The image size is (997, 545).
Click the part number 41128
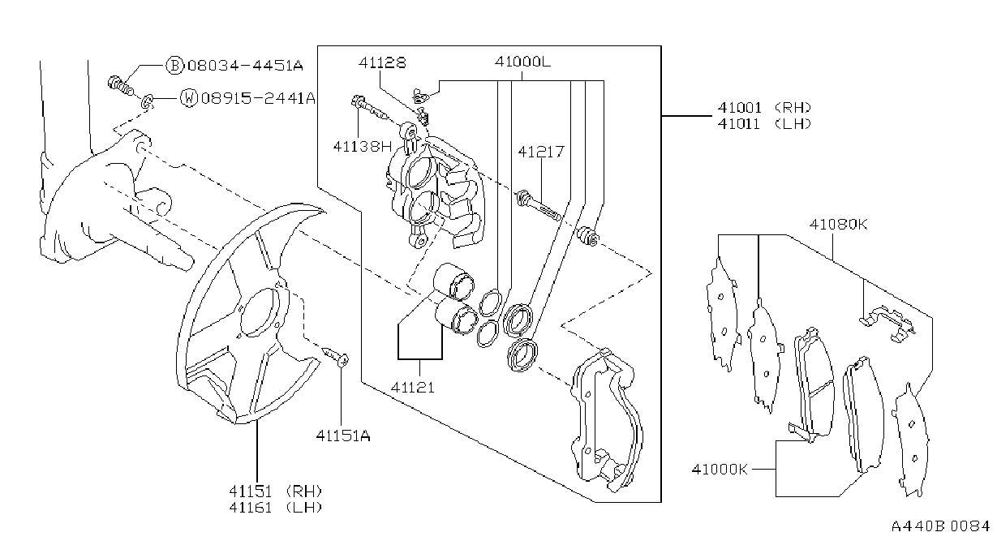pyautogui.click(x=382, y=62)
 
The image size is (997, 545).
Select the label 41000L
pyautogui.click(x=522, y=62)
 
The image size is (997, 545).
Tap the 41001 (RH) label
pyautogui.click(x=764, y=108)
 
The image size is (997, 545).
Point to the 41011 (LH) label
pyautogui.click(x=764, y=124)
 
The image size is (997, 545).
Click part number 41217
pyautogui.click(x=541, y=152)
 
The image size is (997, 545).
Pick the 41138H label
pyautogui.click(x=363, y=146)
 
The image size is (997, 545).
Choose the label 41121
pyautogui.click(x=412, y=388)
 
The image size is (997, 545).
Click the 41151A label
pyautogui.click(x=342, y=436)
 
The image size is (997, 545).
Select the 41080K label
pyautogui.click(x=838, y=224)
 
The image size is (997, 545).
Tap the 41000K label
pyautogui.click(x=720, y=469)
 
